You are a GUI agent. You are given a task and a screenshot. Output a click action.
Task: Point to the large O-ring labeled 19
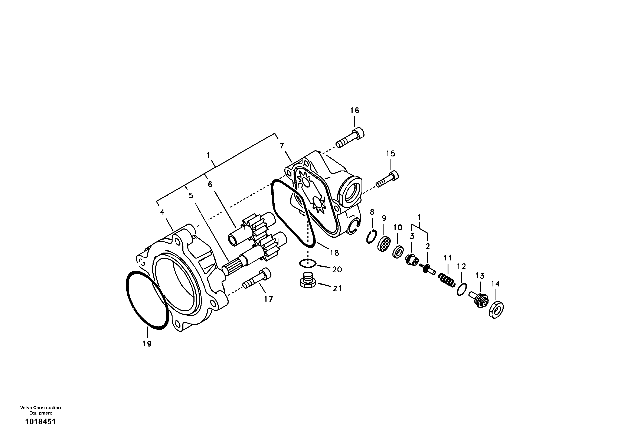147,300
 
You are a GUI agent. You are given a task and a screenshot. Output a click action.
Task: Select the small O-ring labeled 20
308,263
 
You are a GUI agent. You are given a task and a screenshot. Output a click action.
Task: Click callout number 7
282,146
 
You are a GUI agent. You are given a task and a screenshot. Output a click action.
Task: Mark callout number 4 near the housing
162,212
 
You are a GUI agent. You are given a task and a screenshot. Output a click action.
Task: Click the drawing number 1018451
40,422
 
